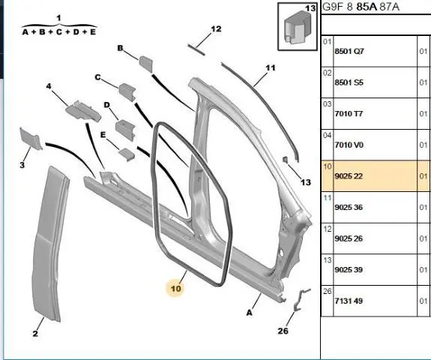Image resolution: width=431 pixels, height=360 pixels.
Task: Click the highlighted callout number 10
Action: (x=176, y=289)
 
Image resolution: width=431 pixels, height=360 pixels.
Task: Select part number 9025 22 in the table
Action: (x=349, y=176)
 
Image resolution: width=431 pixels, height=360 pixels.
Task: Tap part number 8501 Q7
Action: (x=349, y=52)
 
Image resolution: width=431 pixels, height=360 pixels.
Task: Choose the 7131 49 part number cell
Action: (x=349, y=301)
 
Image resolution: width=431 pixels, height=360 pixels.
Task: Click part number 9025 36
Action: (x=349, y=207)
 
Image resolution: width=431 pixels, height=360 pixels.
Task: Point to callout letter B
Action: (x=120, y=48)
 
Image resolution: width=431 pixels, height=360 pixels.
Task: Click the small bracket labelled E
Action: (x=127, y=154)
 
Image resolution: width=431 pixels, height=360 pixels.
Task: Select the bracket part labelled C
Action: (x=127, y=92)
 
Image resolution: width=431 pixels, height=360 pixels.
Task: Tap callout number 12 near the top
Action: (x=216, y=29)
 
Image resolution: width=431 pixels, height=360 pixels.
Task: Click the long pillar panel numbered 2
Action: (x=49, y=244)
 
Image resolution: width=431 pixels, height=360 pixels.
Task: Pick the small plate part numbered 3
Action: (x=30, y=139)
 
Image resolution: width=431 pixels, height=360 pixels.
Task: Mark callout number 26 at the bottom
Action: (x=283, y=331)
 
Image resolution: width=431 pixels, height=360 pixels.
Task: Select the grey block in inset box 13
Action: (x=296, y=28)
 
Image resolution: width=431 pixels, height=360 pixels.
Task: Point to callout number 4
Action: (x=49, y=86)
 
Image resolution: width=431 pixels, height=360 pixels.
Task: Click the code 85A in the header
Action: (x=366, y=7)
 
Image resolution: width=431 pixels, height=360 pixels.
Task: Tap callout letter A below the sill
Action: (x=249, y=313)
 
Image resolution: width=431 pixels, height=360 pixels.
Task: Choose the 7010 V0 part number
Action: (x=349, y=145)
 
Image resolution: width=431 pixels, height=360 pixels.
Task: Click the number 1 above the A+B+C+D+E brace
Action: (x=58, y=19)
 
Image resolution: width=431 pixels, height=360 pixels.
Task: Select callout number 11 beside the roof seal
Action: (x=270, y=67)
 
